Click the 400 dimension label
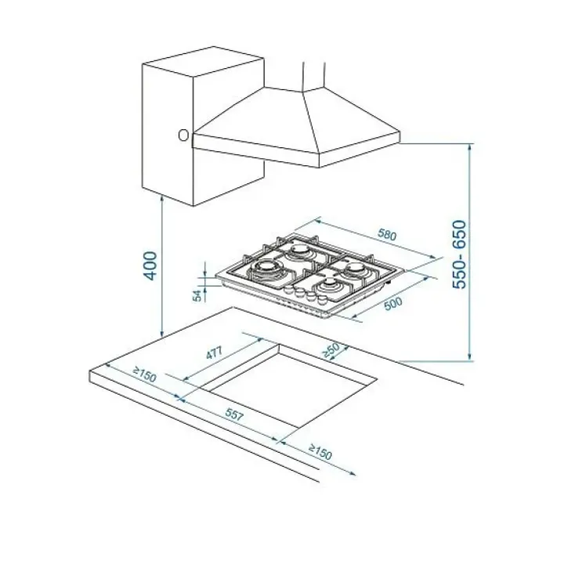coord(150,266)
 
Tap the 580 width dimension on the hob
coord(387,235)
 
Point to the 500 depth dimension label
coord(393,303)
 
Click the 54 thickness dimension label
coord(197,295)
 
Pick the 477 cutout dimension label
coord(215,352)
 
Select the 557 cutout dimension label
coord(234,415)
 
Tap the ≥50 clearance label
coord(331,350)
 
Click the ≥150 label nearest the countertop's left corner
coord(145,374)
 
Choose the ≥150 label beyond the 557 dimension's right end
coord(320,451)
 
